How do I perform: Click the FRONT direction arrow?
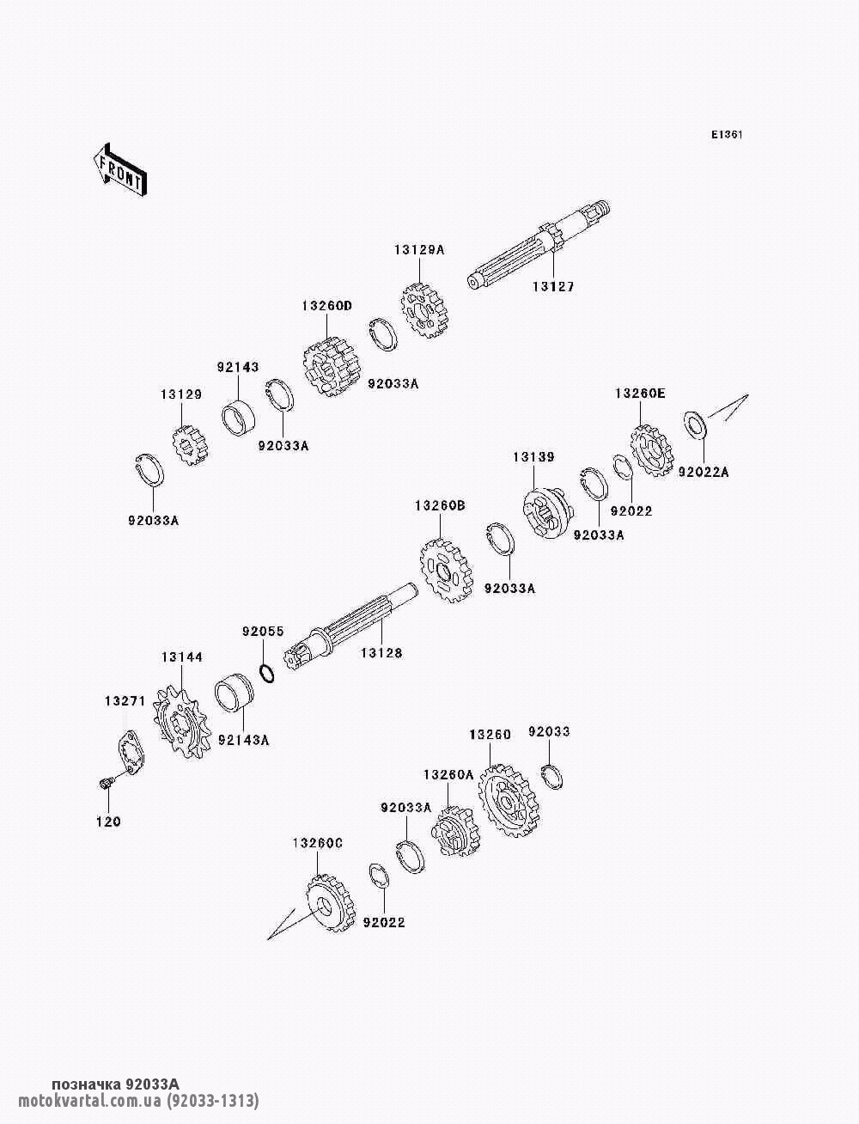[119, 172]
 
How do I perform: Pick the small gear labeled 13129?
[189, 446]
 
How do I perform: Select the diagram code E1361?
[726, 135]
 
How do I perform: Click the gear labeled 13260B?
[445, 569]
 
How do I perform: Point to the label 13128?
[381, 654]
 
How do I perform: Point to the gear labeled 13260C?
[326, 907]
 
